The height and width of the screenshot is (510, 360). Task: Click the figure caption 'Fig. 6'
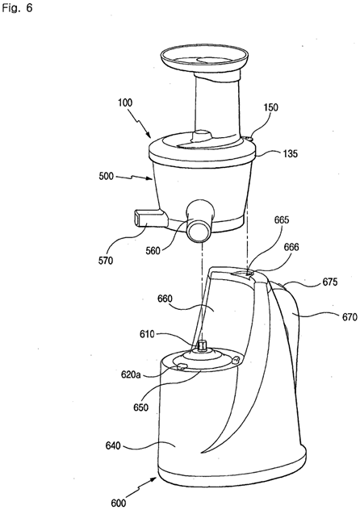point(17,8)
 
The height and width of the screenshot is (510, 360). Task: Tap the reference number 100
point(125,102)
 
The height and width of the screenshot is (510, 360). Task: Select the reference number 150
point(270,107)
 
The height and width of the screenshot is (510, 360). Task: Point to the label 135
point(290,153)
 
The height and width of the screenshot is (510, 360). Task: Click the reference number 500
point(107,176)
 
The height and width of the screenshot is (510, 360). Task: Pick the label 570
point(106,260)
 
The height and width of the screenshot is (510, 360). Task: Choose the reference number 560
point(153,250)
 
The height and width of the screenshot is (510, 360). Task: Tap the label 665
point(282,219)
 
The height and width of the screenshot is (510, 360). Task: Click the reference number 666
point(291,247)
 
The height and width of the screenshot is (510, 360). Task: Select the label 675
point(330,282)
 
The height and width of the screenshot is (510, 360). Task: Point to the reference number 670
point(350,316)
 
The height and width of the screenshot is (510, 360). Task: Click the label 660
point(165,299)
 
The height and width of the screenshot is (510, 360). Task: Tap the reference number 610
point(147,334)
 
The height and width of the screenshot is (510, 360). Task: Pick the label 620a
point(131,374)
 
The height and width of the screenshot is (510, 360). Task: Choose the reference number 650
point(140,408)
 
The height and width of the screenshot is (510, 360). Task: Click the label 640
point(113,445)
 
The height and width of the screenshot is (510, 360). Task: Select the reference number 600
point(119,503)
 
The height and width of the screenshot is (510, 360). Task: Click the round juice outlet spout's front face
point(199,231)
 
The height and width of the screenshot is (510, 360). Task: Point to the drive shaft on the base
point(202,345)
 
